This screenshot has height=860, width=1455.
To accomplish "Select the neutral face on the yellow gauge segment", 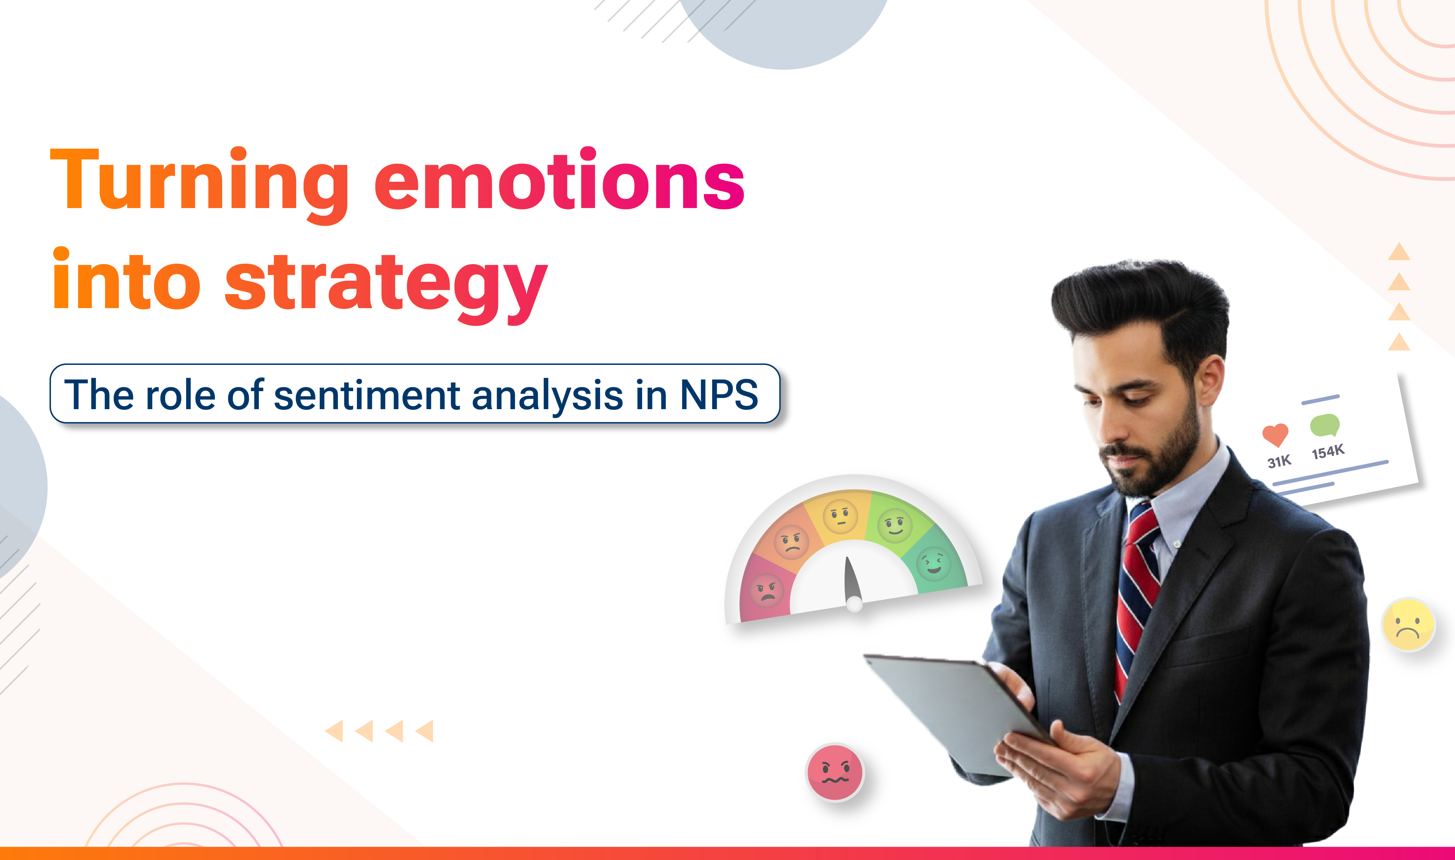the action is [840, 516].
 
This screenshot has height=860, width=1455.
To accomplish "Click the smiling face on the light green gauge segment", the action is [895, 525].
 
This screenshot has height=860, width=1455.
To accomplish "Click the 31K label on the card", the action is [1279, 461].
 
